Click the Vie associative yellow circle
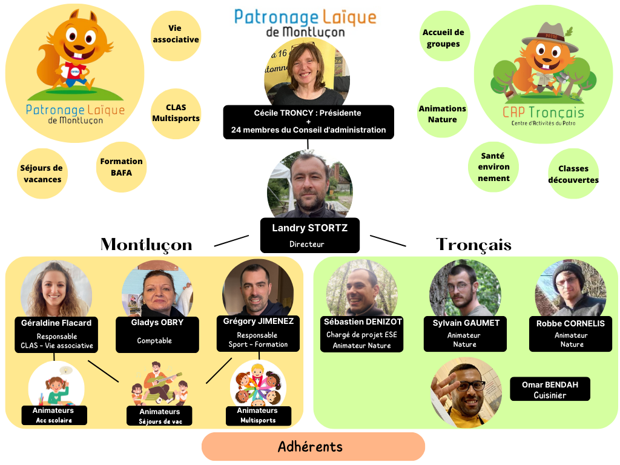[176, 35]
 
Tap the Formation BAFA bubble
[122, 167]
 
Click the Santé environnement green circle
[493, 167]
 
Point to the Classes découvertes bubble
[573, 174]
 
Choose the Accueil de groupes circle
[443, 38]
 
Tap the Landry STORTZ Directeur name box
[309, 235]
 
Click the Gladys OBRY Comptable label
[157, 333]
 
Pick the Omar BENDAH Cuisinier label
[550, 389]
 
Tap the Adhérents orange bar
[313, 447]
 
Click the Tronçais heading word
[473, 245]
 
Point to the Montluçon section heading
[146, 245]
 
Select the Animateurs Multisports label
[257, 415]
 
